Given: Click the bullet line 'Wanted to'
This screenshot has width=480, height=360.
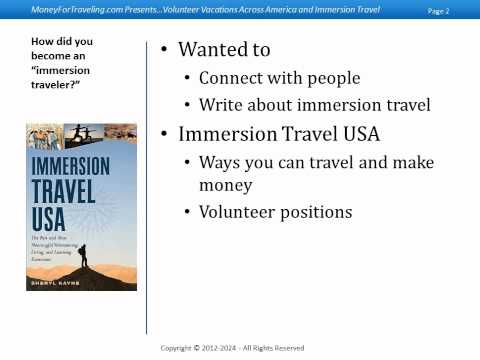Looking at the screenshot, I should click(x=224, y=49).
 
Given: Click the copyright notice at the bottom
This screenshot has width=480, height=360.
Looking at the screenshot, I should click(x=232, y=348).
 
